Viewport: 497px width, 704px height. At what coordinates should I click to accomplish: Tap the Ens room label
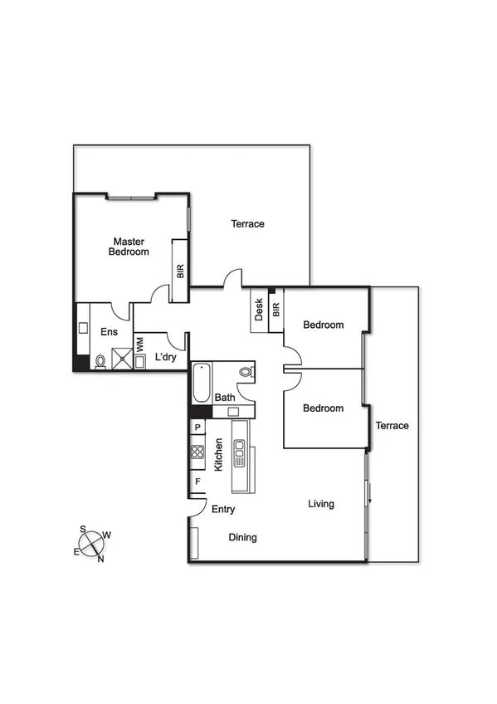click(x=109, y=332)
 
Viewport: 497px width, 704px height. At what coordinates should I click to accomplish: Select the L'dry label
click(x=165, y=358)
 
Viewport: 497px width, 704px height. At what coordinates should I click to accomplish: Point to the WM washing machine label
click(x=139, y=342)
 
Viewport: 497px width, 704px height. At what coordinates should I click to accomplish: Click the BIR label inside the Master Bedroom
click(x=180, y=271)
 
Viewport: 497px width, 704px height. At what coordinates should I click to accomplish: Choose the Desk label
click(x=259, y=310)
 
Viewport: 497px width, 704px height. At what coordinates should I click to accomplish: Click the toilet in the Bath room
click(x=246, y=372)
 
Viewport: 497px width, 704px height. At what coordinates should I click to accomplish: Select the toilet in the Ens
click(x=100, y=361)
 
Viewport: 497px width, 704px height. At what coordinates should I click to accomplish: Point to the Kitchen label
click(x=219, y=455)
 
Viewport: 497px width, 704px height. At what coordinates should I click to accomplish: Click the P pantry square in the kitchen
click(x=197, y=428)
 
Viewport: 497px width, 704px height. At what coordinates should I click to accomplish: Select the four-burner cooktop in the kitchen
click(x=198, y=452)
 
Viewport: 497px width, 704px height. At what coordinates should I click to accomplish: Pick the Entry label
click(x=224, y=510)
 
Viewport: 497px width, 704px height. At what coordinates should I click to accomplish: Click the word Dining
click(x=242, y=537)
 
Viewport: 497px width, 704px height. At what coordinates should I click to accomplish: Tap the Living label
click(x=321, y=504)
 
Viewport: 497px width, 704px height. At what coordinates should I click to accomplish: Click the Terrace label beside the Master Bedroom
click(x=247, y=224)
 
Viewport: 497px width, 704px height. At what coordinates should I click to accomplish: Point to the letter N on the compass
click(x=101, y=559)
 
